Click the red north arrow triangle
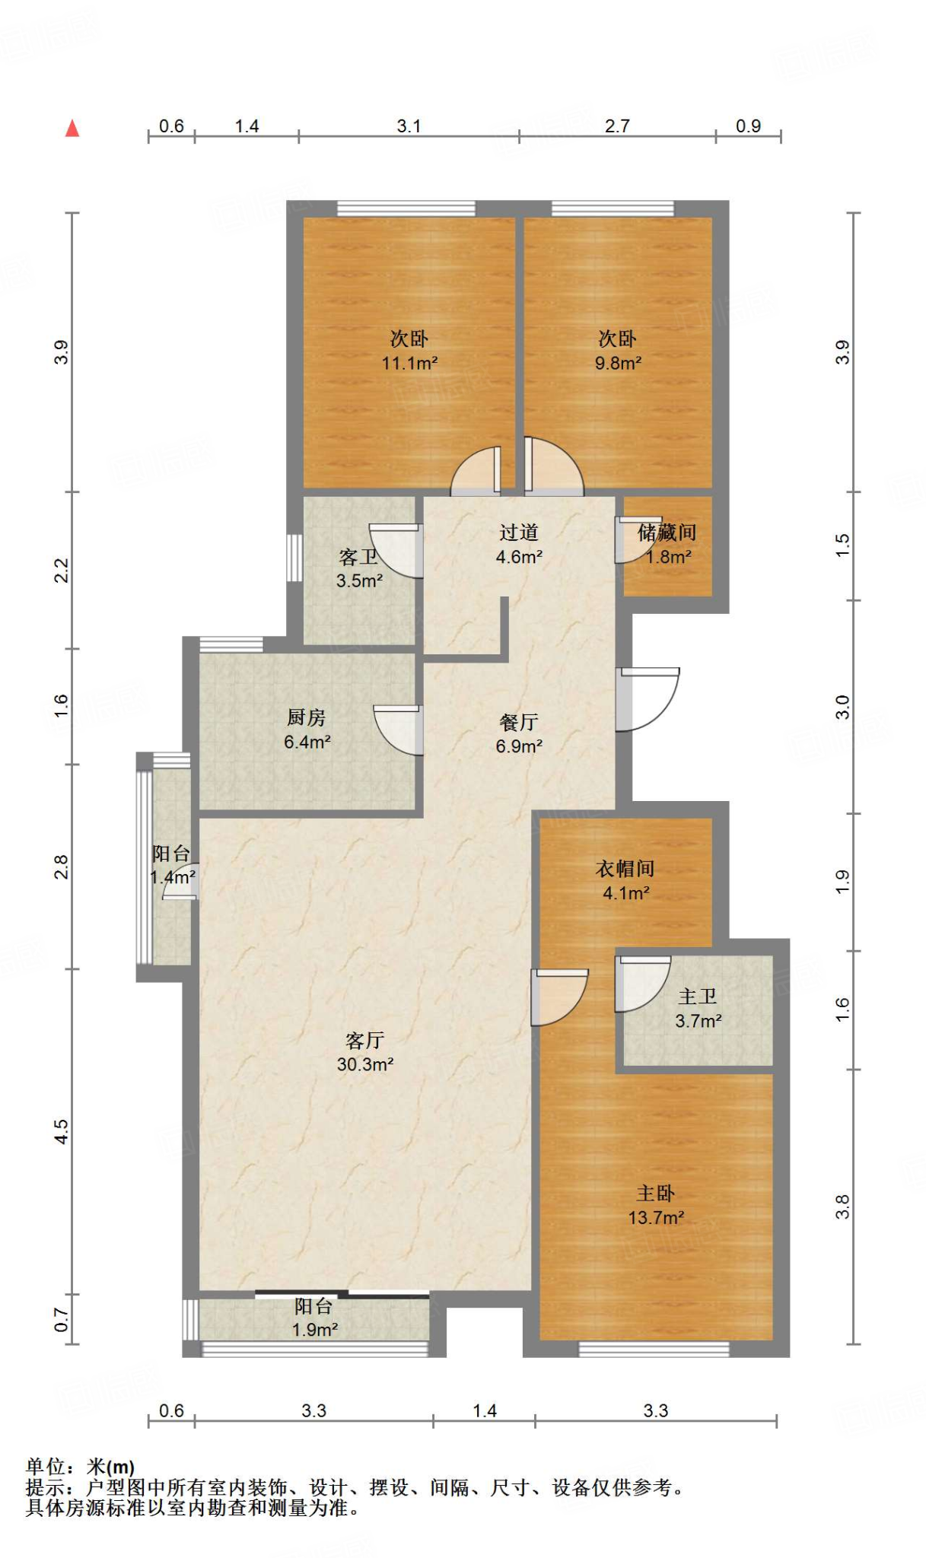tap(72, 128)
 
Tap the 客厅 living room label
tap(365, 1039)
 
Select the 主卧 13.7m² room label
tap(656, 1205)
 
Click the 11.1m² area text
tap(409, 364)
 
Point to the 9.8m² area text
tap(618, 364)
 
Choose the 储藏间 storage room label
tap(667, 533)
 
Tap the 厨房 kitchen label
tap(306, 717)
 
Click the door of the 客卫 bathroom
tap(396, 550)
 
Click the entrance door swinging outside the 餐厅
tap(648, 699)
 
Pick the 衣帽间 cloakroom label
tap(625, 868)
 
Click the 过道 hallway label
tap(519, 533)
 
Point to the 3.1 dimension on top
tap(409, 126)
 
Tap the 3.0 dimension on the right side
tap(842, 707)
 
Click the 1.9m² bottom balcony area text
tap(315, 1330)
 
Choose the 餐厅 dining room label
tap(519, 722)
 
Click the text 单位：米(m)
tap(80, 1467)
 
